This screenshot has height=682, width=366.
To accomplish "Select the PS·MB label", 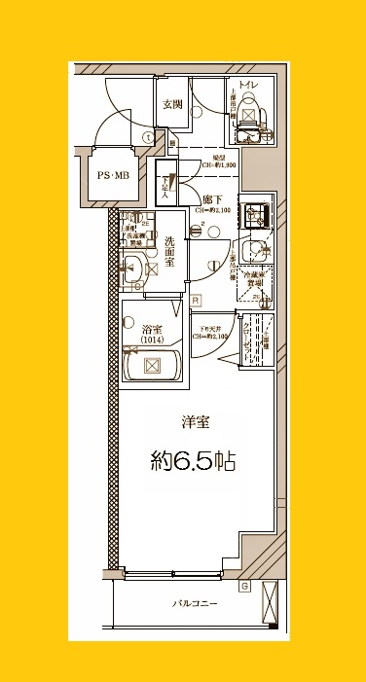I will tap(111, 175).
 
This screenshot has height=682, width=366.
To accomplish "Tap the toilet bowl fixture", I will tap(247, 121).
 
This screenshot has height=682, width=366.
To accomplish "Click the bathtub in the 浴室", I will tap(152, 367).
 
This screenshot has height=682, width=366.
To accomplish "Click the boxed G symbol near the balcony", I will tap(243, 586).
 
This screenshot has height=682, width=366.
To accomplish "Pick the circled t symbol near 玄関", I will tap(147, 137).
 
